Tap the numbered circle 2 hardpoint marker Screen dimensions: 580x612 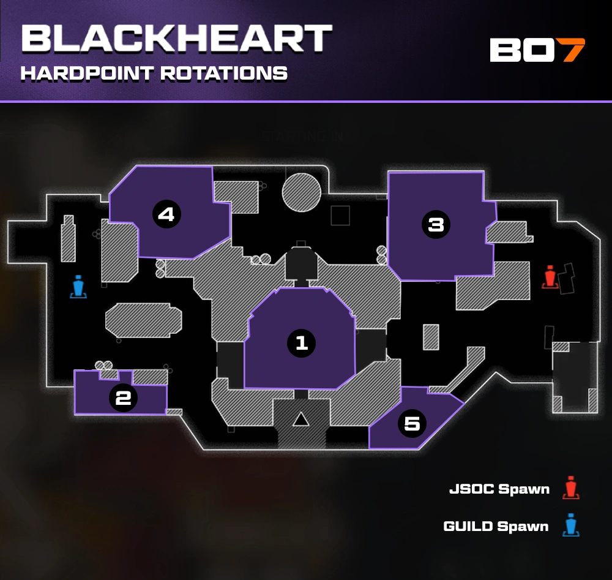point(123,398)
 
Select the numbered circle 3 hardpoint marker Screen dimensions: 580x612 point(436,225)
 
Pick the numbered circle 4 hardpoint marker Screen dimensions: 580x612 point(166,214)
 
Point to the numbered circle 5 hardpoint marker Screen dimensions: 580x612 point(412,423)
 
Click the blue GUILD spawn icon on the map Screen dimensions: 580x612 point(78,287)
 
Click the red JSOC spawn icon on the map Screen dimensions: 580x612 point(550,277)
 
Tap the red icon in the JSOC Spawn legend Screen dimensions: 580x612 point(571,488)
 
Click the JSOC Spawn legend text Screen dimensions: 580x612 point(499,489)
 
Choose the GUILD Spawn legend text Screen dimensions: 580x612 point(496,526)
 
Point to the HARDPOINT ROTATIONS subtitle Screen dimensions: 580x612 point(154,73)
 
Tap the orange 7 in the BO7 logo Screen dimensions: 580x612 point(573,50)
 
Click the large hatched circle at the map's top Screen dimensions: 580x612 point(302,192)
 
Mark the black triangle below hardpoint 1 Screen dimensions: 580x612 point(300,419)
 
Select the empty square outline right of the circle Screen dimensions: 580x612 point(340,215)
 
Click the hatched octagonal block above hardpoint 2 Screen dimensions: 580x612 point(144,320)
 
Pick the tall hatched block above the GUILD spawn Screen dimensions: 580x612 point(68,238)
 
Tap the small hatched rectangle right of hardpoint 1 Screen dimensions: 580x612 point(431,337)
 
